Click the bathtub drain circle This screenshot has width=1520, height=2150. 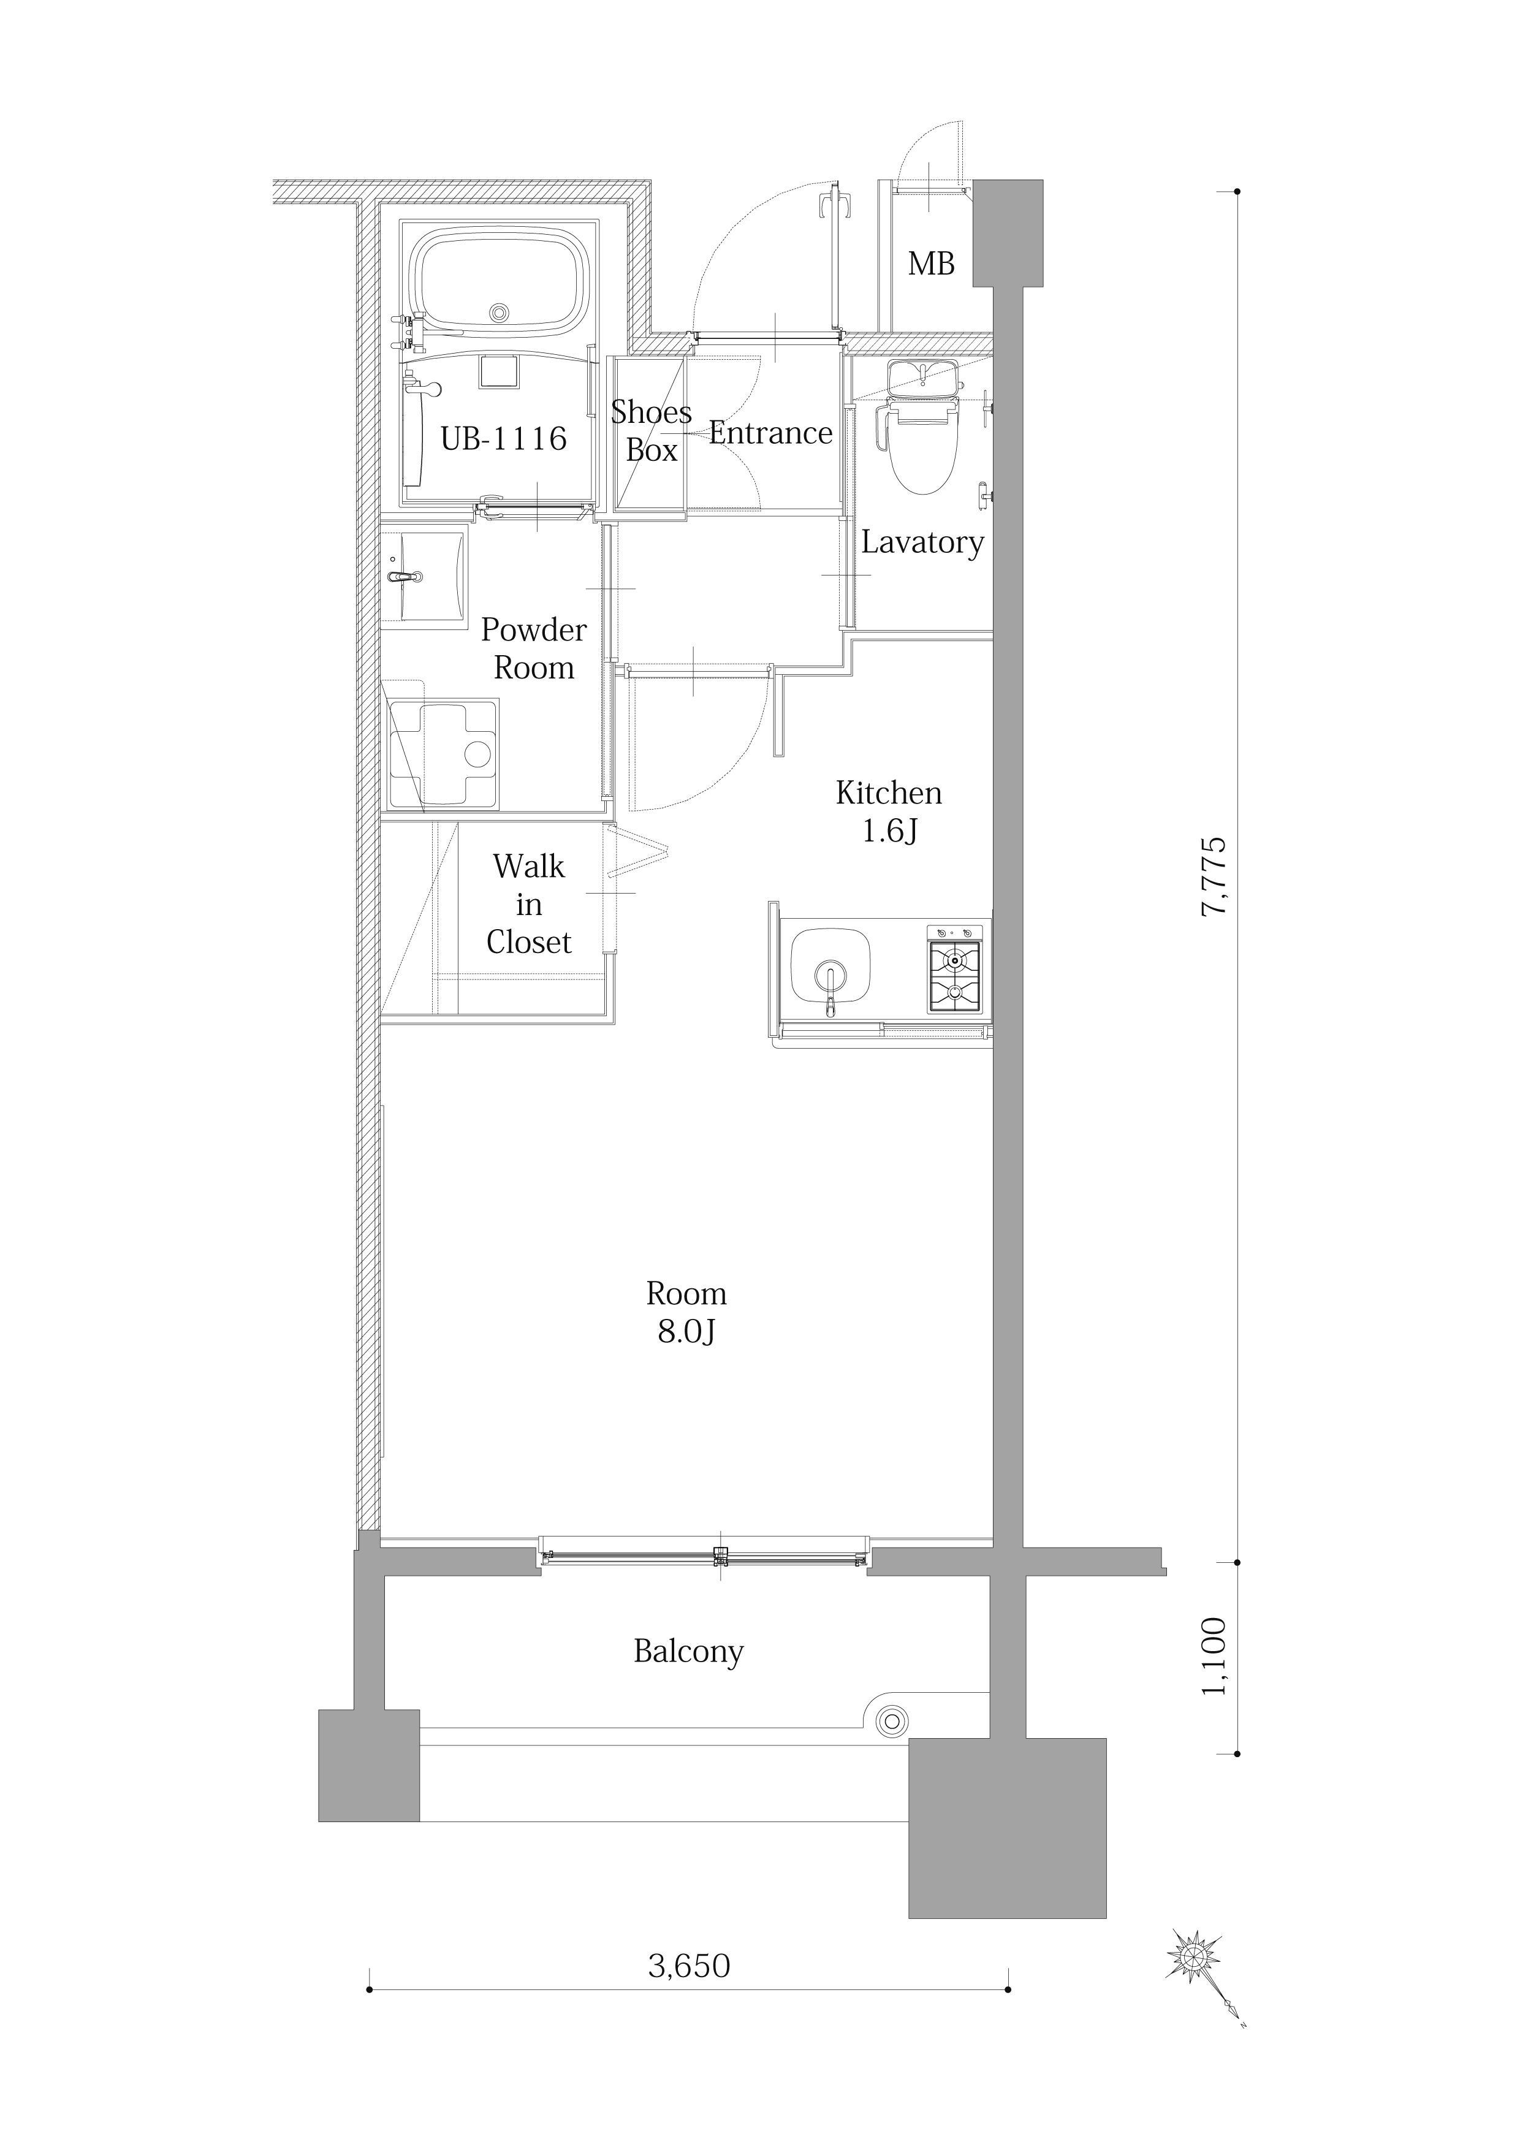(499, 312)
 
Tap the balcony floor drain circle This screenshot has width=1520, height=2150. (891, 1720)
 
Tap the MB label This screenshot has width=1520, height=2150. (931, 264)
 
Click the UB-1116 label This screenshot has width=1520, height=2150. (504, 438)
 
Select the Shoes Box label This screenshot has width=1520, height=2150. (651, 431)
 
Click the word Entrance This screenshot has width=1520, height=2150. (771, 433)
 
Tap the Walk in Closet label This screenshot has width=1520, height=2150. (529, 903)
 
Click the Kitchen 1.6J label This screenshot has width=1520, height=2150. (889, 812)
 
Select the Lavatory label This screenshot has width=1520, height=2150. (922, 542)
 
